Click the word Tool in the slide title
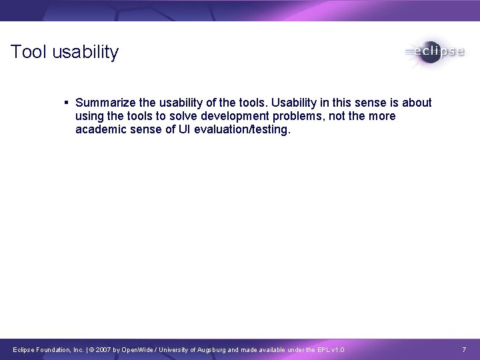tap(27, 52)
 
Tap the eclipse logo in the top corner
tap(434, 52)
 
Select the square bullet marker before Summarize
tap(67, 103)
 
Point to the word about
tap(415, 103)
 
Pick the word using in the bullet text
tap(91, 117)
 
